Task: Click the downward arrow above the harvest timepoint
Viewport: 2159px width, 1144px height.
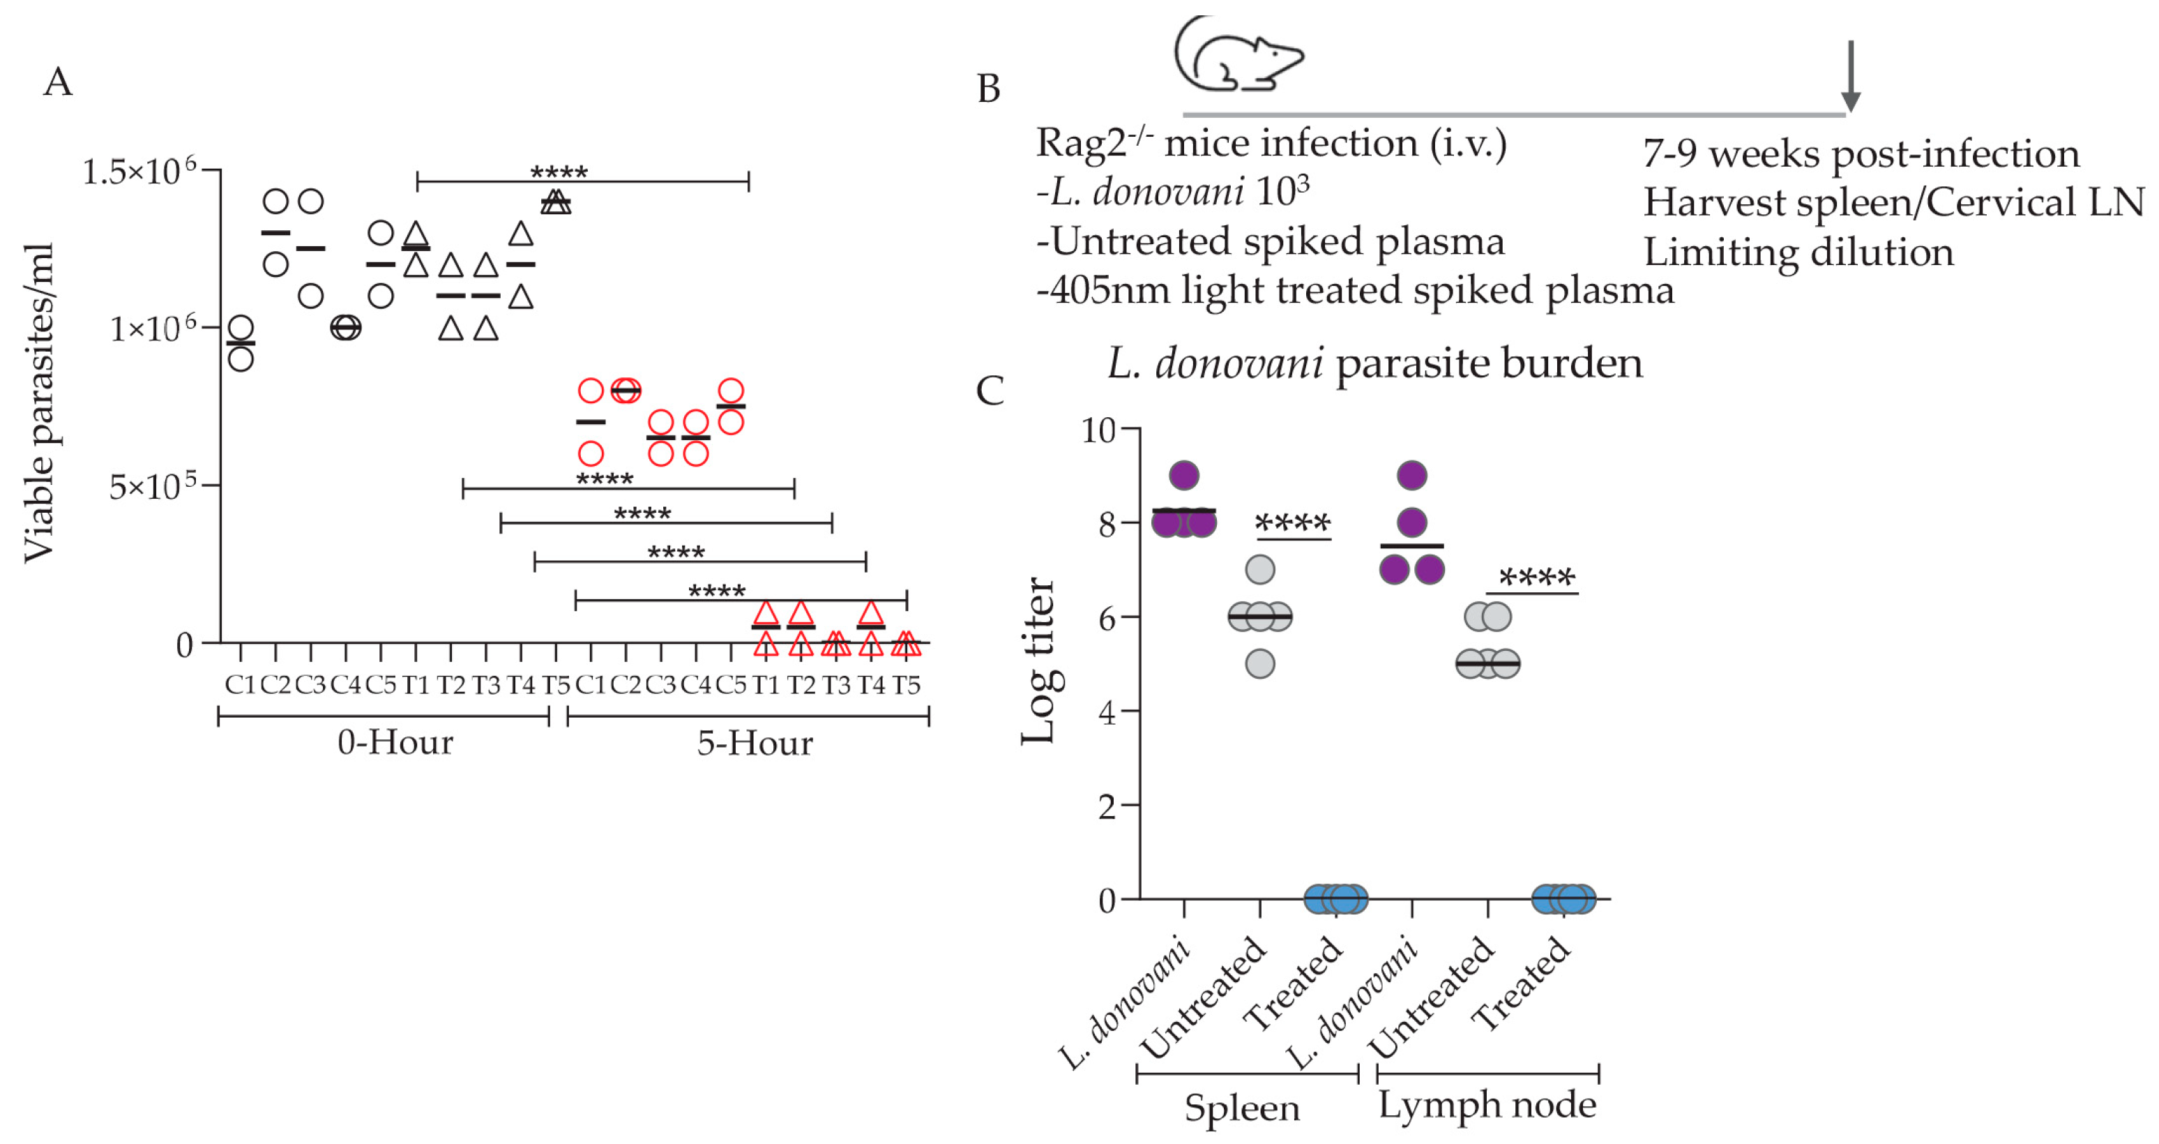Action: [1851, 75]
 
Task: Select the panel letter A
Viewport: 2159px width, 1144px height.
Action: [58, 82]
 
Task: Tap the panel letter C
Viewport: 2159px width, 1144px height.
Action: [990, 391]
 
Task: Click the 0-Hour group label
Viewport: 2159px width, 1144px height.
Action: [395, 742]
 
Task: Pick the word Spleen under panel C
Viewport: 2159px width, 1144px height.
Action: [1242, 1108]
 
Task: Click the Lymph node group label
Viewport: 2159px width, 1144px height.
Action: [1487, 1105]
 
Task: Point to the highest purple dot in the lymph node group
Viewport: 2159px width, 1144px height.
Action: [1412, 476]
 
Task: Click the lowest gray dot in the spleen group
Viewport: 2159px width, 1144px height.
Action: [1259, 664]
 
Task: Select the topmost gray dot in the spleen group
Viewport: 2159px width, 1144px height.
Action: [1259, 570]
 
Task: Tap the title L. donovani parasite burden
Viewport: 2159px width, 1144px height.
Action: [1374, 363]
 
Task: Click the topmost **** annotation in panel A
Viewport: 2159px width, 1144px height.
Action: [559, 172]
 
